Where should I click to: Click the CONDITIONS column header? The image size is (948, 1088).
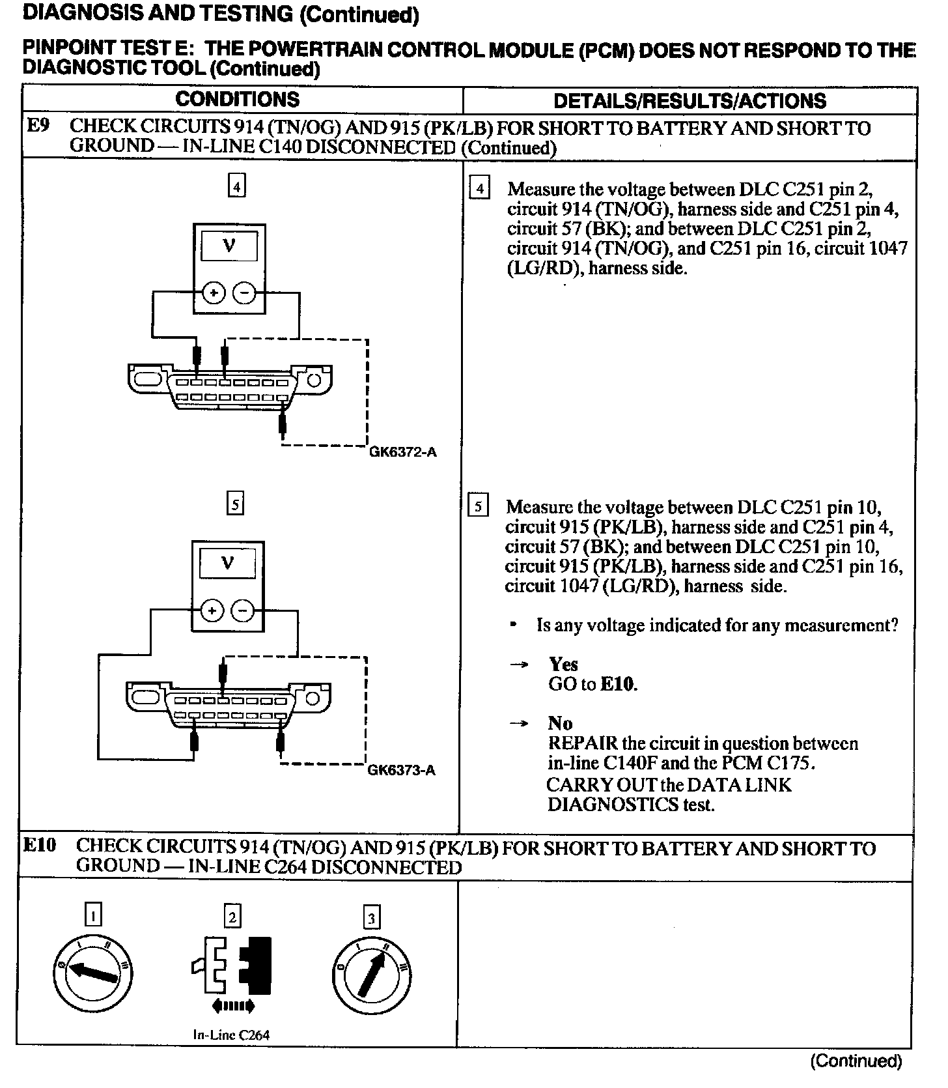click(x=237, y=99)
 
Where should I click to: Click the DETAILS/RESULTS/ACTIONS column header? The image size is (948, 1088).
click(x=689, y=100)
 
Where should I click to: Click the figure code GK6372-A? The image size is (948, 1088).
click(x=403, y=451)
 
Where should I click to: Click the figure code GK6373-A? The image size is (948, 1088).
click(x=401, y=770)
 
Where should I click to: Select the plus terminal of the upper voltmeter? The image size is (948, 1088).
click(x=213, y=293)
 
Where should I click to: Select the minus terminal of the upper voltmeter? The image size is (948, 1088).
click(x=245, y=293)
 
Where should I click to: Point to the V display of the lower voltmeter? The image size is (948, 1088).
click(x=228, y=563)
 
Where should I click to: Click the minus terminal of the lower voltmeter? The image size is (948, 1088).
click(x=244, y=611)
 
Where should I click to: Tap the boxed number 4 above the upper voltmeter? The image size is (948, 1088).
click(x=236, y=187)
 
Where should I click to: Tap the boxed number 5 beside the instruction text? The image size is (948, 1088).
click(x=478, y=506)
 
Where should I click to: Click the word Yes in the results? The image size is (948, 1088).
click(x=563, y=664)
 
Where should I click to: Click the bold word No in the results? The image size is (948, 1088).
click(x=560, y=723)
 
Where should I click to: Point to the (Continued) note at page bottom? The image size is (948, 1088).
click(x=856, y=1061)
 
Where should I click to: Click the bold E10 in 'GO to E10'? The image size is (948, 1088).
click(x=619, y=684)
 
